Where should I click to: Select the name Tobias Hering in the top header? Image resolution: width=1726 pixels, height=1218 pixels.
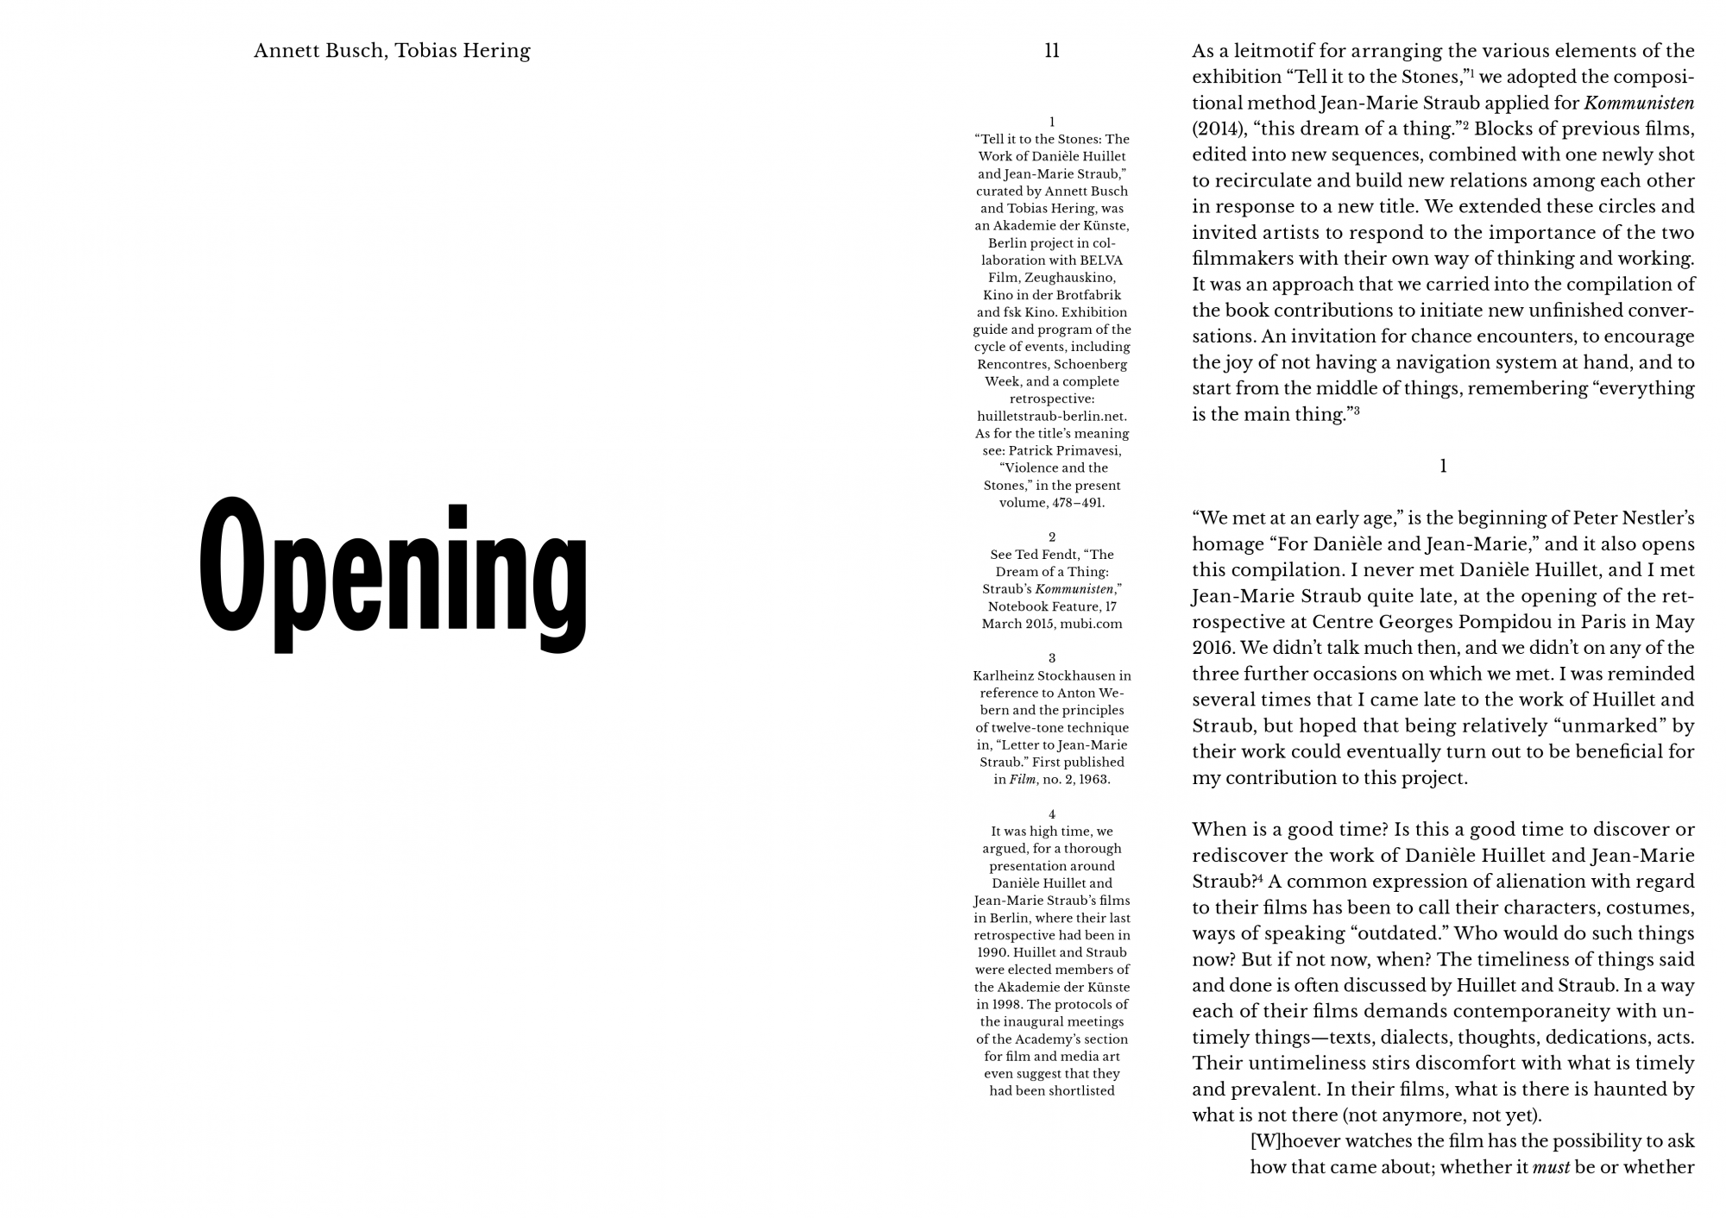coord(463,51)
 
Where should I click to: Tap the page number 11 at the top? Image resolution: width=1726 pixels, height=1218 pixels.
coord(1051,51)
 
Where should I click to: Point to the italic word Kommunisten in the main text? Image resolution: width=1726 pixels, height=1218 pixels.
coord(1639,103)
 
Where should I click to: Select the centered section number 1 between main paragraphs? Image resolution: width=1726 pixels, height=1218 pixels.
coord(1443,467)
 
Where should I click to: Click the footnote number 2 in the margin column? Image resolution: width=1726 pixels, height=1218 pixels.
coord(1052,537)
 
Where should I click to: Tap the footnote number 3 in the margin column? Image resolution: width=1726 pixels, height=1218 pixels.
coord(1052,658)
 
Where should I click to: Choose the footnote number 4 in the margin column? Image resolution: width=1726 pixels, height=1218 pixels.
coord(1052,813)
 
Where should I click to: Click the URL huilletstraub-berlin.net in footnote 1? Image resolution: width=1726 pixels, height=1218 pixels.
coord(1052,416)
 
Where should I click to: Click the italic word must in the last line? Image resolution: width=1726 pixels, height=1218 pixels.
coord(1551,1167)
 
